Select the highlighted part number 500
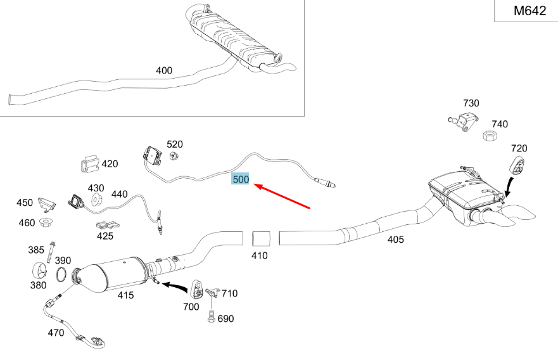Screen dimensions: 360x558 [241, 179]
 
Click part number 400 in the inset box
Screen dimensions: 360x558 [163, 70]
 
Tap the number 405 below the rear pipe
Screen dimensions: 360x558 [395, 240]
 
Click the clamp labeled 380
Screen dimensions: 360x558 [39, 271]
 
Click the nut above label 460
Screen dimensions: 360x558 [45, 222]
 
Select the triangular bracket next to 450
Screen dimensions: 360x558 [45, 204]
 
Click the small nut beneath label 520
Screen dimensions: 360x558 [177, 157]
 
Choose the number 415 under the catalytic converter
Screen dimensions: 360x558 [125, 295]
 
